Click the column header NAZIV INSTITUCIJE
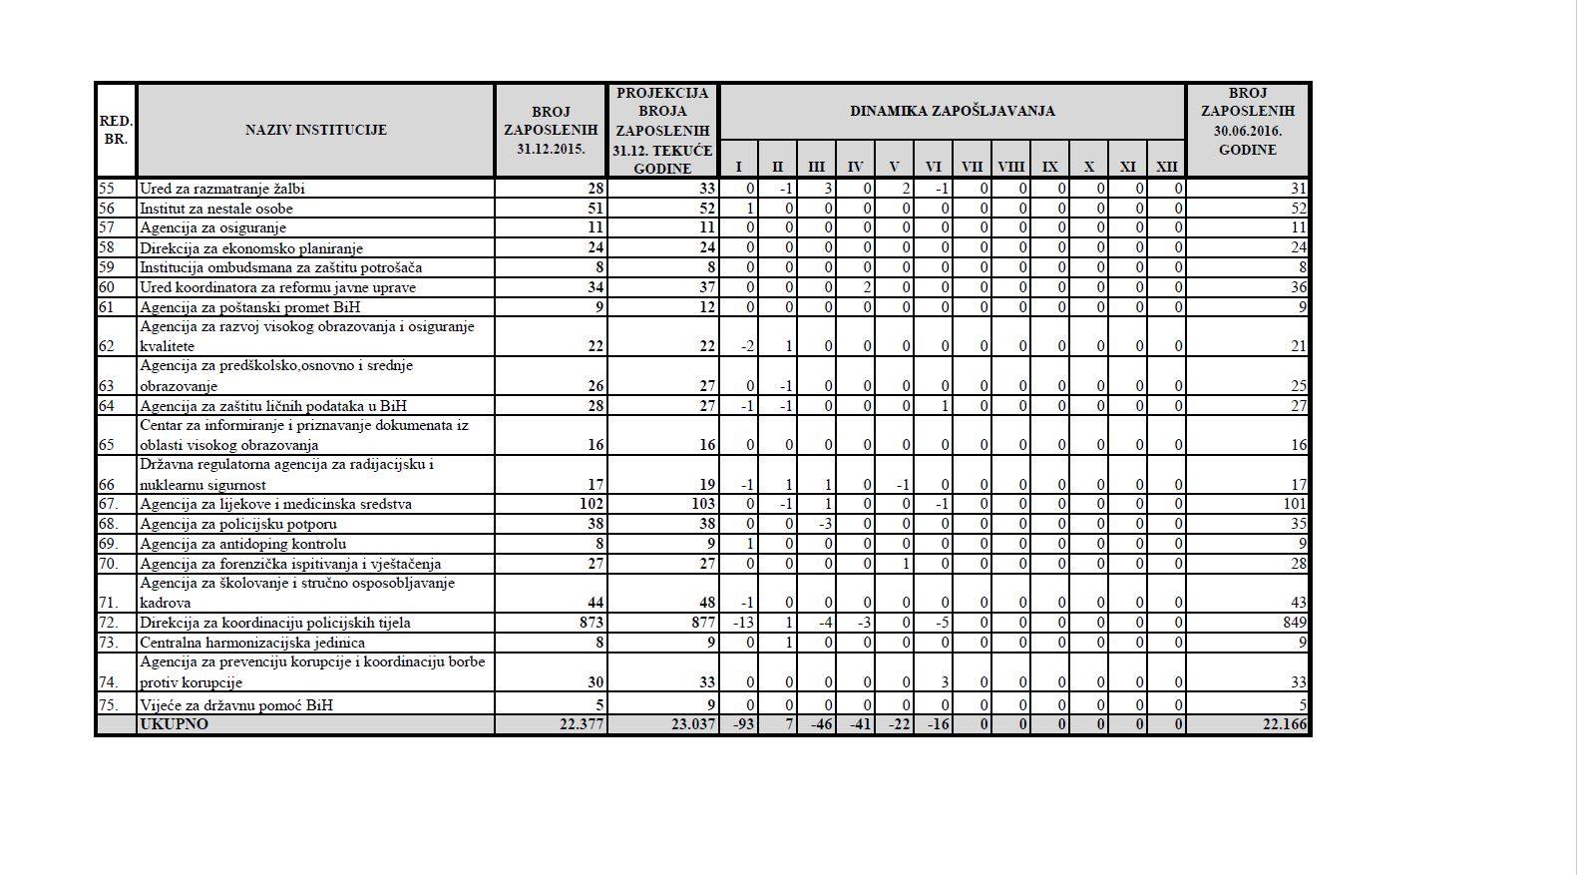(315, 130)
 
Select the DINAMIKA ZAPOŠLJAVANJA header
(952, 111)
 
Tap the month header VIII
(1010, 167)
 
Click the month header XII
(1166, 167)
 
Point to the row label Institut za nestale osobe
(216, 209)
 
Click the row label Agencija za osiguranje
(212, 228)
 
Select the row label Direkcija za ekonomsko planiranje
(251, 248)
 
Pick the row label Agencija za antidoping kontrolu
(243, 544)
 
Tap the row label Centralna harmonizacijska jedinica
(252, 643)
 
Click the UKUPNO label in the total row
(175, 724)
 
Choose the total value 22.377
(583, 724)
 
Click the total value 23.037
(693, 724)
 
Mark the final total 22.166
(1284, 724)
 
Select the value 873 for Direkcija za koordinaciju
(591, 623)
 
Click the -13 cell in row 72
(743, 623)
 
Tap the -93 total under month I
(743, 724)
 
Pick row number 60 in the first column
(107, 287)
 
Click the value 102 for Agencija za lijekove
(591, 504)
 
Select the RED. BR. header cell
(116, 130)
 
